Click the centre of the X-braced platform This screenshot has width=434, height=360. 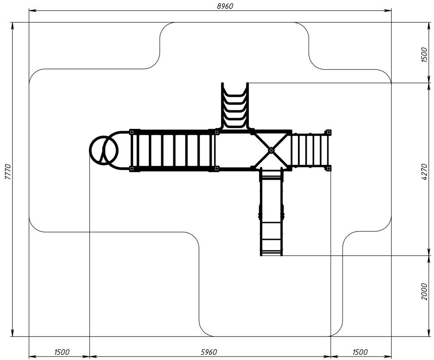[x=271, y=150]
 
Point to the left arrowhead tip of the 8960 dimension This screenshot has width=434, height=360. [x=29, y=11]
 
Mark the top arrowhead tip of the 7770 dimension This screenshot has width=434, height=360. [x=12, y=23]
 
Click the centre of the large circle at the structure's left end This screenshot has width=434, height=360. [x=104, y=150]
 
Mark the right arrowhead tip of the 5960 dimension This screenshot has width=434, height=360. [x=331, y=356]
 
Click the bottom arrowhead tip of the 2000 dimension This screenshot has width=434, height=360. [x=429, y=336]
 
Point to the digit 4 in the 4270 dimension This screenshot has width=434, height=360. [x=425, y=179]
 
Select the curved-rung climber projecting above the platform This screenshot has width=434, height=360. [x=235, y=106]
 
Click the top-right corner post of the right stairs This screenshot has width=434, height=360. [x=328, y=132]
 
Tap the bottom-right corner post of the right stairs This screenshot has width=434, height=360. [x=328, y=168]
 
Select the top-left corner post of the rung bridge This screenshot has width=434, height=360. [x=132, y=132]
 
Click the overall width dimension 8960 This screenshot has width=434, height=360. [x=225, y=6]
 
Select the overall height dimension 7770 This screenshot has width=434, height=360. [x=8, y=172]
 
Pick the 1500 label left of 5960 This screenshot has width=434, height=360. [x=62, y=352]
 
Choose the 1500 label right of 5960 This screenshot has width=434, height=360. [x=360, y=352]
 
